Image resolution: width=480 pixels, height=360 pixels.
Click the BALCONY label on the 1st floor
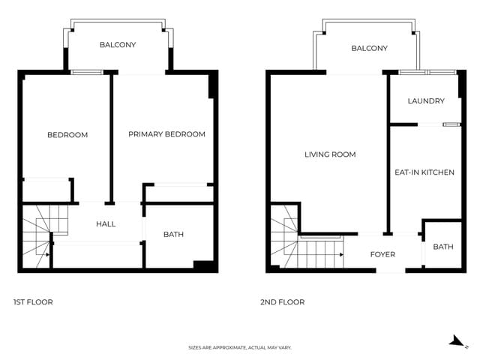pos(118,45)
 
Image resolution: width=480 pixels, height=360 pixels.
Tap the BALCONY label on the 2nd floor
pos(369,49)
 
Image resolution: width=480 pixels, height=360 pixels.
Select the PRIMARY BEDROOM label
pos(166,135)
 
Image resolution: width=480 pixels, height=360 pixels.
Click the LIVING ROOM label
pos(330,155)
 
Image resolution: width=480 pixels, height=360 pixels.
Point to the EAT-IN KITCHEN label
pos(424,172)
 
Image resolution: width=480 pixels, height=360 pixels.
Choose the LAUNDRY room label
pos(426,101)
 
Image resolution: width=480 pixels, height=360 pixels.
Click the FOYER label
pos(382,255)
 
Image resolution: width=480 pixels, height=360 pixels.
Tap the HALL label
pos(106,224)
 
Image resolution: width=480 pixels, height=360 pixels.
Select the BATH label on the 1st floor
pos(173,235)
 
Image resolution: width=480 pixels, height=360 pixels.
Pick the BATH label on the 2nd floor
pos(442,247)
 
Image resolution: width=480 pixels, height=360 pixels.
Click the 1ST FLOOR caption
pos(33,302)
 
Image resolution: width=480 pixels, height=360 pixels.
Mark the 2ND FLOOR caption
pos(282,302)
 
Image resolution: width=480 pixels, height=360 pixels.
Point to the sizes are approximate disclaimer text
pos(239,348)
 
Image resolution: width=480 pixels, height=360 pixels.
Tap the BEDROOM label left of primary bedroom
pos(67,135)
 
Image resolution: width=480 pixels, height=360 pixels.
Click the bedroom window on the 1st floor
pos(86,72)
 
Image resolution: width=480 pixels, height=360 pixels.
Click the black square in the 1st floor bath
pos(202,265)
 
